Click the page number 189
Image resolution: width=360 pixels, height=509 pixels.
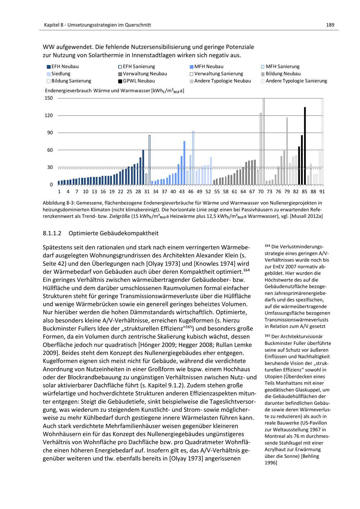coord(330,25)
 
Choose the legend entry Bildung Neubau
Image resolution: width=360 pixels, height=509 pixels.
coord(280,74)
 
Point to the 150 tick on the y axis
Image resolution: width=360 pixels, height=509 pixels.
coord(49,98)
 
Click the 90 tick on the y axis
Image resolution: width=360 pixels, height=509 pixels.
coord(50,133)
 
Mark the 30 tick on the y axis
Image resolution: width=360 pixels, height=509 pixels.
coord(50,167)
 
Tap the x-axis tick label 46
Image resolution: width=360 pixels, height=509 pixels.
coord(191,192)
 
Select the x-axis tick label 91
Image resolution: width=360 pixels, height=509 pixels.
coord(322,192)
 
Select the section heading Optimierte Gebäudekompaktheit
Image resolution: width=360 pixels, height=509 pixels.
coord(113,233)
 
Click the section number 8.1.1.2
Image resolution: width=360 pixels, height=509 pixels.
coord(53,233)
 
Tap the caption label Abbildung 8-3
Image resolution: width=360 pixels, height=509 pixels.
coord(59,203)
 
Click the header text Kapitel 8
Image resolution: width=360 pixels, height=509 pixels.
coord(54,25)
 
